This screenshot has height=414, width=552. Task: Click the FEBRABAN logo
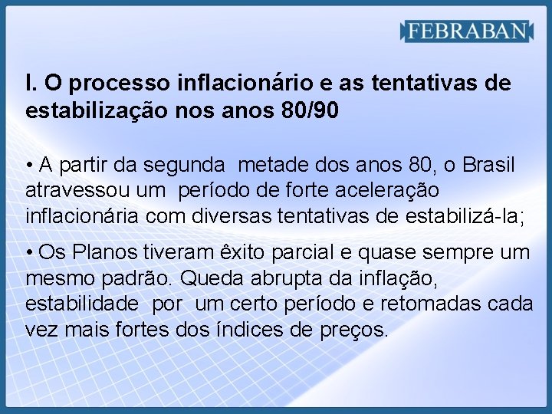pyautogui.click(x=467, y=31)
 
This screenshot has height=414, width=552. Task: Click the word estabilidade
pyautogui.click(x=82, y=304)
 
